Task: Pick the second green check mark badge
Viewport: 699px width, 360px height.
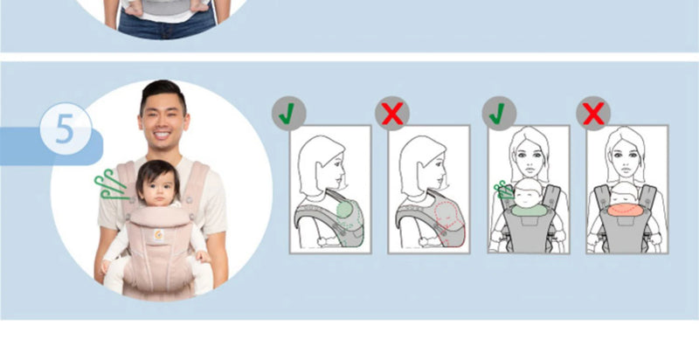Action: coord(500,113)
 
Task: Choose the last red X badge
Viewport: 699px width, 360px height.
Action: coord(593,113)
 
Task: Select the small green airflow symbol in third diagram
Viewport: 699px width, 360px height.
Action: coord(504,189)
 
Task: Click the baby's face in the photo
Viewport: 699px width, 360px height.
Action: coord(158,185)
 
